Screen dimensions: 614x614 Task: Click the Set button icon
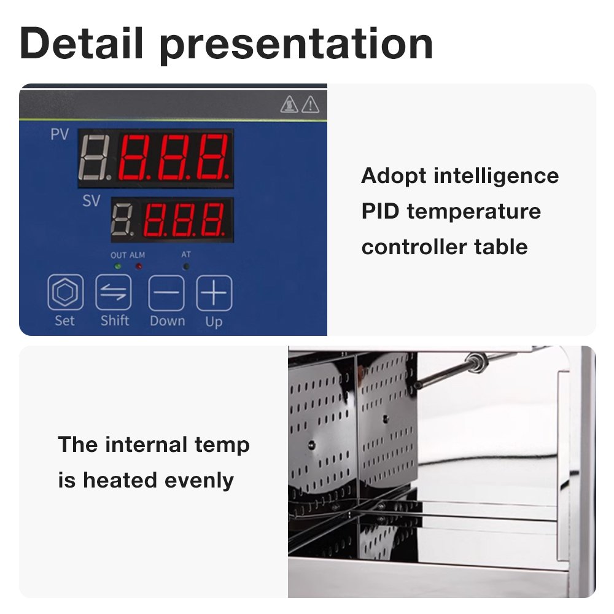[x=66, y=292]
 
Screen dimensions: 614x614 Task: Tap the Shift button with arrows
[x=113, y=292]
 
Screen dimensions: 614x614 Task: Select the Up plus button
[x=214, y=293]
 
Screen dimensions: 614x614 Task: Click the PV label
[x=60, y=134]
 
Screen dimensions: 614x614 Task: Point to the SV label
[x=91, y=201]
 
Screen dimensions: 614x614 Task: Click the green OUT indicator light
[x=117, y=266]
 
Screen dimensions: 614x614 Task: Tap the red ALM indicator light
[x=139, y=266]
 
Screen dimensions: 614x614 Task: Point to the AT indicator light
[x=186, y=266]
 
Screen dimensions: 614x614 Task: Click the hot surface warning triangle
[x=289, y=104]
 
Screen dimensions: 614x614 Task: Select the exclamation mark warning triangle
[x=310, y=104]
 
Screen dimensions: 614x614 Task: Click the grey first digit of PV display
[x=94, y=158]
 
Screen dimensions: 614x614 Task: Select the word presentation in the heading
[x=297, y=46]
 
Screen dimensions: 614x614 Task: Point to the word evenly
[x=200, y=481]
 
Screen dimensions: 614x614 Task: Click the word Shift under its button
[x=115, y=321]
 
